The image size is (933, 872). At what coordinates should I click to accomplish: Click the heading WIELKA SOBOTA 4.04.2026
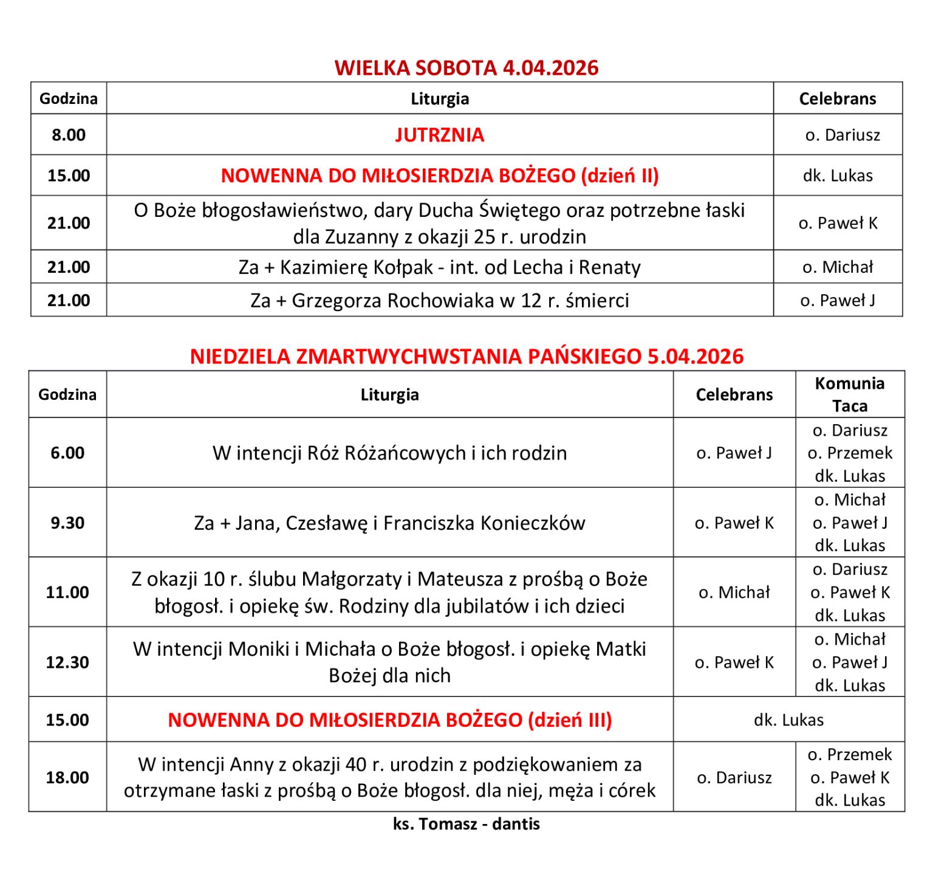[466, 67]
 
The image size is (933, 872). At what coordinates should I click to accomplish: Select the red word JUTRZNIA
[439, 135]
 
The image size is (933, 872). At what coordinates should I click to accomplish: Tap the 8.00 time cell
[69, 135]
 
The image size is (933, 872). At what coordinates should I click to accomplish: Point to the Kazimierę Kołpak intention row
[439, 267]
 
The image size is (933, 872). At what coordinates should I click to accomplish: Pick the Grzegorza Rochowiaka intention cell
[439, 301]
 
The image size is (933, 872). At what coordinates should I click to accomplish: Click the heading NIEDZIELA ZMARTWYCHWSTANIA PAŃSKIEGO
[466, 356]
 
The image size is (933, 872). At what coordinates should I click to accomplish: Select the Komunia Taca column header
[849, 394]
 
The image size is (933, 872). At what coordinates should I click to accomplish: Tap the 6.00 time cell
[67, 453]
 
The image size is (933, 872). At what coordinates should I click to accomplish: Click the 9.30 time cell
[67, 523]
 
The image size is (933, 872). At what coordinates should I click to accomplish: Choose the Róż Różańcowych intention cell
[389, 453]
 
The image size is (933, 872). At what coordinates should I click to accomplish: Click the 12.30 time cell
[67, 662]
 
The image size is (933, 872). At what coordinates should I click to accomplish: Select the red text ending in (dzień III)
[389, 720]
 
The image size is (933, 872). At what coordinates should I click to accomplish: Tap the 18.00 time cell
[67, 777]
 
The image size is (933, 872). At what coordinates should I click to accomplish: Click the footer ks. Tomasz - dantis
[466, 824]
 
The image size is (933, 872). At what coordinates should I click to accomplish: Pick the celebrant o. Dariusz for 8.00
[842, 135]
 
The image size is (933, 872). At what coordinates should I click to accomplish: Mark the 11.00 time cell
[67, 592]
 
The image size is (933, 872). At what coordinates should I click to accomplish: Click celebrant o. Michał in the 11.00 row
[734, 592]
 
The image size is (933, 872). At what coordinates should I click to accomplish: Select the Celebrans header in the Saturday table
[837, 98]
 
